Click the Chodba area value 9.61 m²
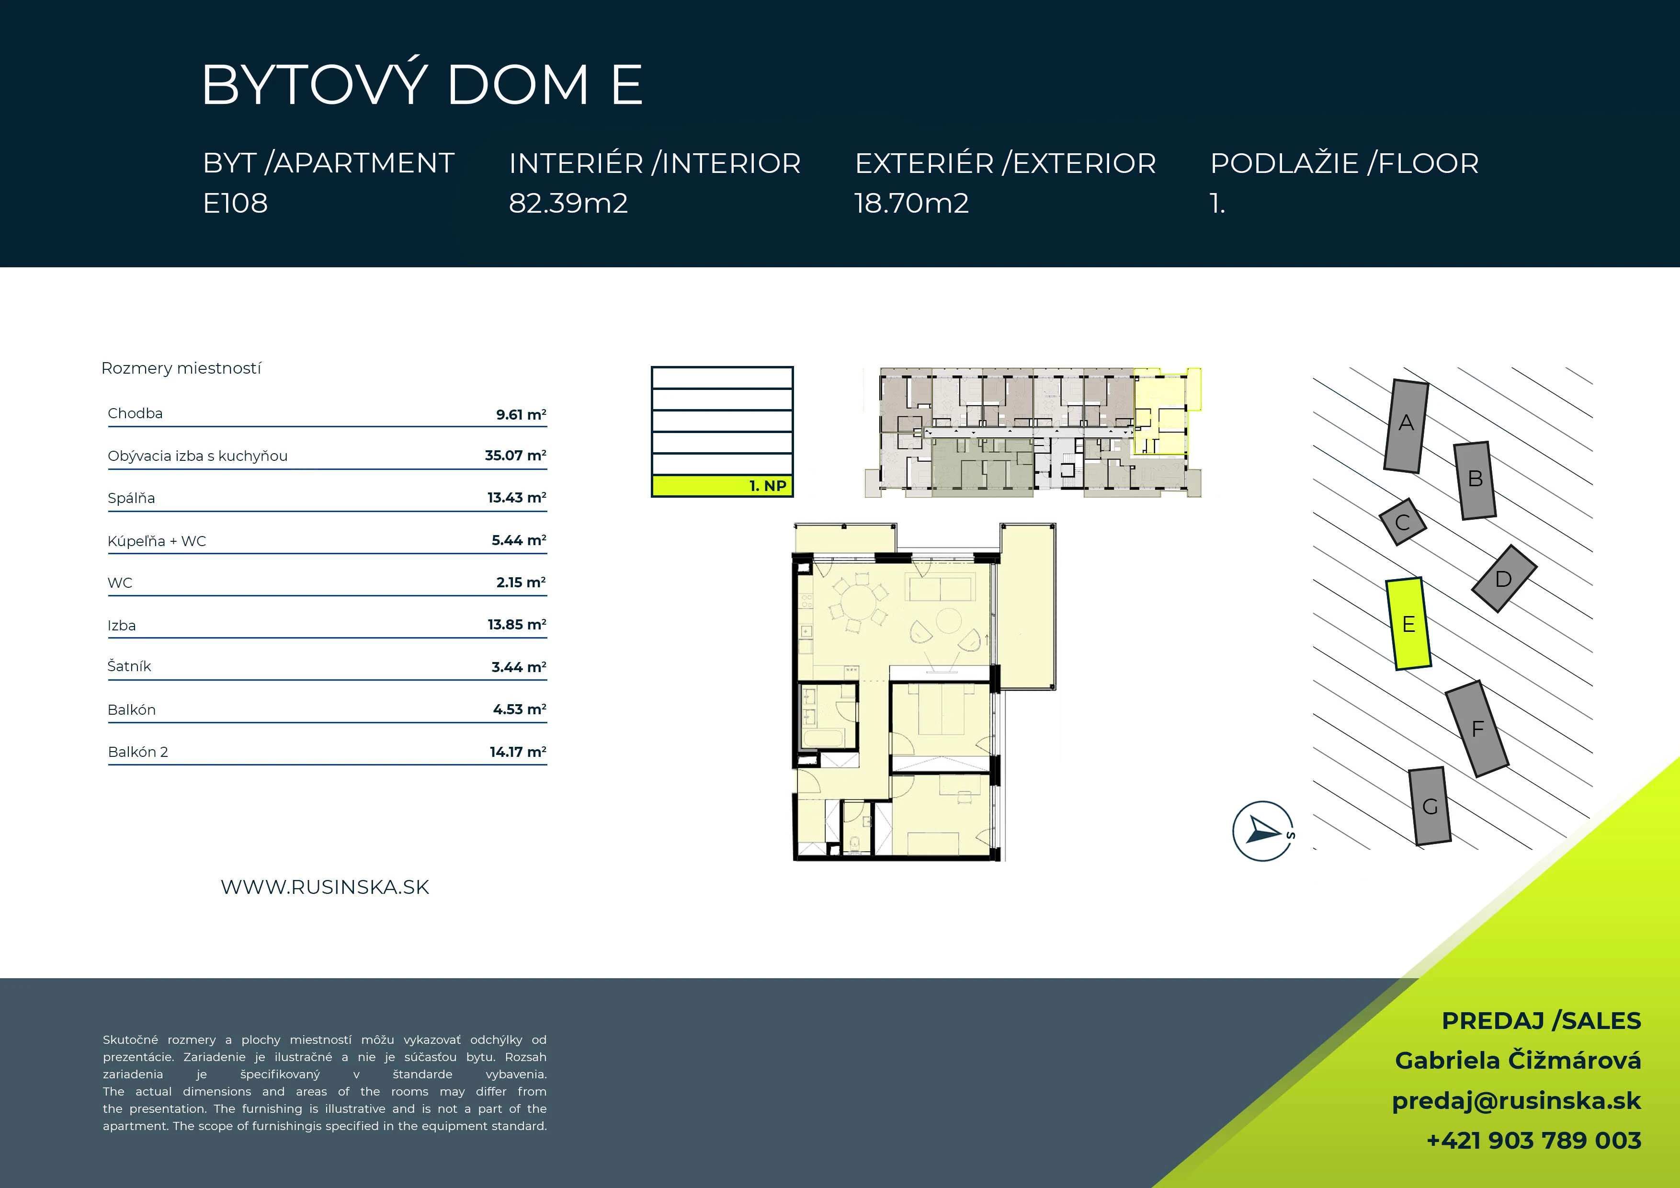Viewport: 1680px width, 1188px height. click(x=521, y=414)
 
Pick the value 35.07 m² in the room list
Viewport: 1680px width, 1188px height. click(x=515, y=455)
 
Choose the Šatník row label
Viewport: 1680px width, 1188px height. click(x=129, y=666)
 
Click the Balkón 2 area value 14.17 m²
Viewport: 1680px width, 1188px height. click(x=518, y=752)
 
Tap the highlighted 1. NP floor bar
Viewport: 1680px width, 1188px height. click(x=722, y=485)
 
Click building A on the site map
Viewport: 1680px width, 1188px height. click(x=1406, y=426)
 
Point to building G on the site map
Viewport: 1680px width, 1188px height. click(x=1430, y=806)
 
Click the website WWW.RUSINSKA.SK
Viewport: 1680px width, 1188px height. click(x=325, y=887)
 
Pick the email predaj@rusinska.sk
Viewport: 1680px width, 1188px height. click(x=1516, y=1101)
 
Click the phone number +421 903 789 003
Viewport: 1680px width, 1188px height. click(x=1533, y=1141)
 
